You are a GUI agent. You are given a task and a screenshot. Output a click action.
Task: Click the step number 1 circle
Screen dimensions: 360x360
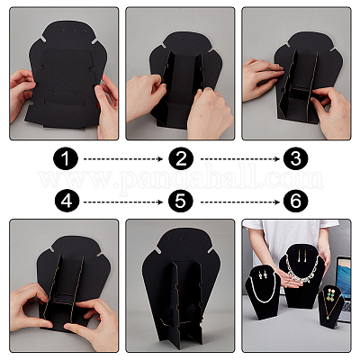(66, 158)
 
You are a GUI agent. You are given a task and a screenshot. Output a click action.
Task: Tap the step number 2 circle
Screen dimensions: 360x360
(181, 158)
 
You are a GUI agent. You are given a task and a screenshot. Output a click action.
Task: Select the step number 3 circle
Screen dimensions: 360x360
(296, 158)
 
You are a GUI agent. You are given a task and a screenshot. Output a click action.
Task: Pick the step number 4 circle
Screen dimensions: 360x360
(66, 201)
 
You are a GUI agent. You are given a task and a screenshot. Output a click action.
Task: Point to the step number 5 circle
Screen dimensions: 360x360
(181, 201)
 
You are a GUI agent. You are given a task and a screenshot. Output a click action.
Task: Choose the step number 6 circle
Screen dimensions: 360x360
(296, 201)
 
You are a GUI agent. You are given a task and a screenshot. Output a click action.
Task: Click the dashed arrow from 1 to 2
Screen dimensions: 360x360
(123, 159)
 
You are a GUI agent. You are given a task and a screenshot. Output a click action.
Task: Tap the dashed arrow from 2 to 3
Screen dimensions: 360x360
(240, 159)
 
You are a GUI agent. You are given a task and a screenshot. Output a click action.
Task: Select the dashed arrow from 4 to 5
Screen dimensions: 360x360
(123, 202)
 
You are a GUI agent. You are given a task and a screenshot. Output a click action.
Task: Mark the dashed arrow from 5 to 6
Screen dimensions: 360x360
(240, 202)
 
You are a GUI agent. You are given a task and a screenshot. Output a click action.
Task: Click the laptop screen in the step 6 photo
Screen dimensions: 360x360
(344, 276)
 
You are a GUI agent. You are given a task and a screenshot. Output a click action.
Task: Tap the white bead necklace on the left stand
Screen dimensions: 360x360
(264, 290)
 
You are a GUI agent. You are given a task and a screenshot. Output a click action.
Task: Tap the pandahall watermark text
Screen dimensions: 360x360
(181, 180)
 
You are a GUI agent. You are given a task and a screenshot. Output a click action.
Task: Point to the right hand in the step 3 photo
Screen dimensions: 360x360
(331, 110)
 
